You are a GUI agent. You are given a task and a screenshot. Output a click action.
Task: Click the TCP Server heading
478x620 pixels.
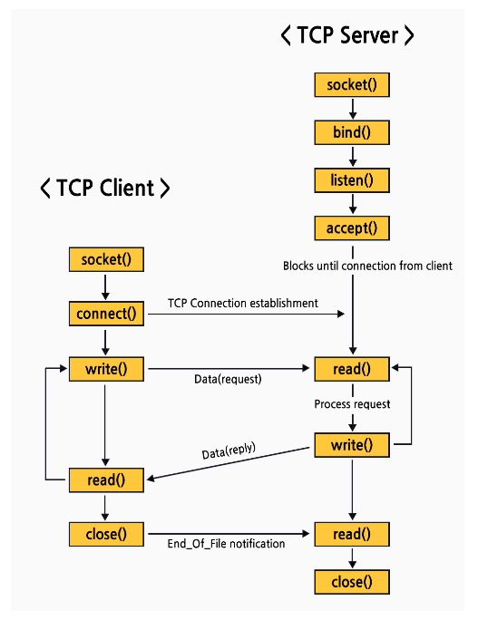(347, 35)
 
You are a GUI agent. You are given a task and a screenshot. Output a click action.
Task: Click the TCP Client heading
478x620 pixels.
(105, 188)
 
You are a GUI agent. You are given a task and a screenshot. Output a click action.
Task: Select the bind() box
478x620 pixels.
(352, 133)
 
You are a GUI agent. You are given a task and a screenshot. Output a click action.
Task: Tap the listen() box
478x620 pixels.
(352, 180)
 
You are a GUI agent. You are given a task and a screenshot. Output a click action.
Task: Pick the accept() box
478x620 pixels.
(352, 228)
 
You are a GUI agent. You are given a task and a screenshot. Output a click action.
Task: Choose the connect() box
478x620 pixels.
(106, 315)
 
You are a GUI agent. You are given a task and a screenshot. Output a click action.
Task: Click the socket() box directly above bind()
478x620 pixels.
(352, 86)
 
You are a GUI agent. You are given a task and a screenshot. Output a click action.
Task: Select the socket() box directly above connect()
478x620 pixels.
(106, 259)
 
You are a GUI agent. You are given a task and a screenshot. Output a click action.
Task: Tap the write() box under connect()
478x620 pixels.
(106, 369)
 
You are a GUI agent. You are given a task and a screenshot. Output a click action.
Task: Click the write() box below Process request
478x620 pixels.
(352, 445)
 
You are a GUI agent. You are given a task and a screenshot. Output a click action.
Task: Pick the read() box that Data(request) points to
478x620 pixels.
(352, 369)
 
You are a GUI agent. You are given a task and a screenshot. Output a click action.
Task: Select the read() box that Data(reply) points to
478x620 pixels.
(106, 480)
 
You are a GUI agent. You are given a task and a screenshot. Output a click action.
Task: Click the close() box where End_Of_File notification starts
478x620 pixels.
(106, 534)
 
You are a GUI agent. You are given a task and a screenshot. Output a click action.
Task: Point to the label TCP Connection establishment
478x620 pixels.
(243, 303)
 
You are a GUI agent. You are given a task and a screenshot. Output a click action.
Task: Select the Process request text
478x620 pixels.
(352, 404)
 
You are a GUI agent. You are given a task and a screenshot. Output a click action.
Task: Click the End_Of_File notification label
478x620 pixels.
(226, 544)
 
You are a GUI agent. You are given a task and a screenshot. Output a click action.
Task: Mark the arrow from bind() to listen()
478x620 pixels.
(352, 157)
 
